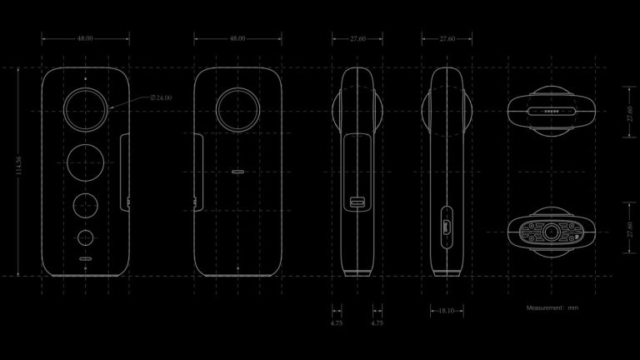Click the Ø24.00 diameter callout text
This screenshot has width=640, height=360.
162,97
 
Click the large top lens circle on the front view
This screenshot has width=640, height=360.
86,110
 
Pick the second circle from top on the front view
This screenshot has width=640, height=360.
86,162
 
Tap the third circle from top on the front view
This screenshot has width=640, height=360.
86,204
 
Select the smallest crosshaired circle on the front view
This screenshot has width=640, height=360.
86,237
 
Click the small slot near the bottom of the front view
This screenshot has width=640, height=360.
86,258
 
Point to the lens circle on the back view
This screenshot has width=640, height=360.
237,110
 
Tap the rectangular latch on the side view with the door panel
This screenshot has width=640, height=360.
358,202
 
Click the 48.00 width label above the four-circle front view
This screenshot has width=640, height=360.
86,38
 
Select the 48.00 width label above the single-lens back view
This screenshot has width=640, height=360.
237,38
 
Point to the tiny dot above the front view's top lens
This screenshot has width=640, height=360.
86,77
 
